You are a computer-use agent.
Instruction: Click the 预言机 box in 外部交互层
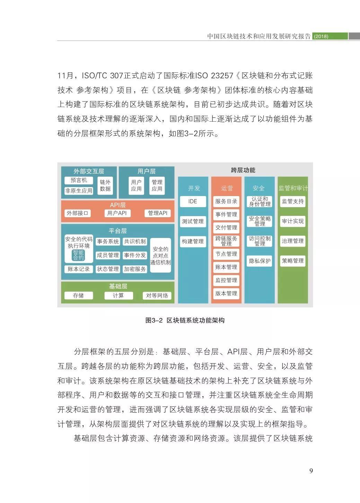tap(79, 180)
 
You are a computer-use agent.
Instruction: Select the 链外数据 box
tap(105, 185)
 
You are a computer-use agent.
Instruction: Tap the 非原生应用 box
tap(79, 191)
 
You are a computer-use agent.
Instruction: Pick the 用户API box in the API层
tap(117, 213)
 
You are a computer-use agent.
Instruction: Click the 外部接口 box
tap(78, 213)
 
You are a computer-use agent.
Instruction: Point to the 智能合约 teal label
tap(78, 255)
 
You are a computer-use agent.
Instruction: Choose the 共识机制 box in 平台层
tap(135, 241)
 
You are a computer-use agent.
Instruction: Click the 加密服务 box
tap(135, 269)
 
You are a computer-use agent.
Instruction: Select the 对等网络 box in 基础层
tap(157, 295)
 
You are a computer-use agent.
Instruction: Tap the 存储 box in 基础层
tap(79, 295)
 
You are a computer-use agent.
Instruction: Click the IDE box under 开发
tap(193, 201)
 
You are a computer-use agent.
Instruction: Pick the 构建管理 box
tap(193, 241)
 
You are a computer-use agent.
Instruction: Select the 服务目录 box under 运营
tap(226, 201)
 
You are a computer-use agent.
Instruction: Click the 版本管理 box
tap(226, 293)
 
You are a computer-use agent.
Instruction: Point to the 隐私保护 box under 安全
tap(260, 261)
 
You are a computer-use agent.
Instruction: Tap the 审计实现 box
tap(293, 221)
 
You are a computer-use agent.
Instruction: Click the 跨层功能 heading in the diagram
tap(243, 170)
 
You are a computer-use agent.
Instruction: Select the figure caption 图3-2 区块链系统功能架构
tap(185, 320)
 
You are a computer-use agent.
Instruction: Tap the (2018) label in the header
tap(321, 36)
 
